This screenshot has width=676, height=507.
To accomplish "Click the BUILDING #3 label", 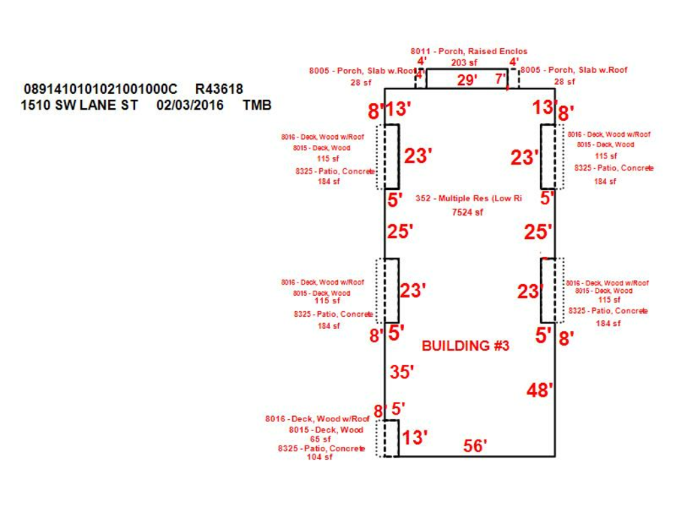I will point(466,346).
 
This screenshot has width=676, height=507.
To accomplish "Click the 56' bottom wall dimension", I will point(475,445).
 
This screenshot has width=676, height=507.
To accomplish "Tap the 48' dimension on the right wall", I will point(539,391).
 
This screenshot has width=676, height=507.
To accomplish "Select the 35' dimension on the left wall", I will point(402,372).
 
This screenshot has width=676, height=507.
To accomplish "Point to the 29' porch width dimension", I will point(466,80).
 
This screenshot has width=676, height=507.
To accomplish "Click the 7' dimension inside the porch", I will point(499,79).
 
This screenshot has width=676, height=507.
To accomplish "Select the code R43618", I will point(219,89).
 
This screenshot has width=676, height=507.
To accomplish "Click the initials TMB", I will point(258,105).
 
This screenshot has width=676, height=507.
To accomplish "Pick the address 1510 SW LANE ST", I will point(80,105).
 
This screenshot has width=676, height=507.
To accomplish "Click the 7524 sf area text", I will point(467,213).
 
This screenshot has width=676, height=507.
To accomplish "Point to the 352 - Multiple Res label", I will point(468,198).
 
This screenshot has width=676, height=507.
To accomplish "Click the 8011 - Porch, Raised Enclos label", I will point(469,51).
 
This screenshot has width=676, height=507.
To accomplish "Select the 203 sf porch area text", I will point(464,62).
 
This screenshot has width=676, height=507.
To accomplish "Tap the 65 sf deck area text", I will point(320,439).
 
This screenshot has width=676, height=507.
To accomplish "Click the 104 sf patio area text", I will point(318,457).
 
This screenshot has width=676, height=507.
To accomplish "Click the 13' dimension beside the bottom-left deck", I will point(415,437).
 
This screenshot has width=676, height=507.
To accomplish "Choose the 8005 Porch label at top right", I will point(574,70).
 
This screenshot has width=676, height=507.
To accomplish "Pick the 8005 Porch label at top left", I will point(362,71).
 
